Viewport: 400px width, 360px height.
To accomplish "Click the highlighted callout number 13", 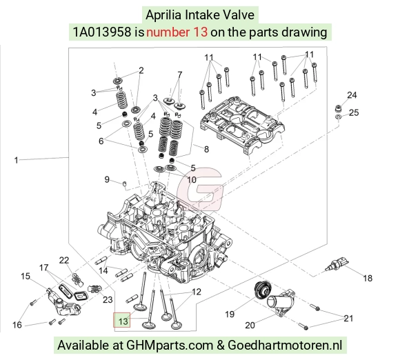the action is [x=123, y=321].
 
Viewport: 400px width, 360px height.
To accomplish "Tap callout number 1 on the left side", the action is [x=16, y=161].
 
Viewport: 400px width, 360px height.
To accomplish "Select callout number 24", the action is [x=352, y=95].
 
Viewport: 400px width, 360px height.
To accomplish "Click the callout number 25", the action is [x=354, y=112].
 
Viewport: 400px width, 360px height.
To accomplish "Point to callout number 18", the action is [x=368, y=278].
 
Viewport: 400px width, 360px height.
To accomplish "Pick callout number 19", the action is [x=230, y=314].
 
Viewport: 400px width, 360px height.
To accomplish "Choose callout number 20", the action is [x=250, y=325].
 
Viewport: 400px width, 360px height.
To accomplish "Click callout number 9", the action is [x=107, y=179].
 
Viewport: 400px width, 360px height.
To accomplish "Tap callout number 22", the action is [x=63, y=260].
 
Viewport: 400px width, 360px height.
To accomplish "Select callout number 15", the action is [x=26, y=276].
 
